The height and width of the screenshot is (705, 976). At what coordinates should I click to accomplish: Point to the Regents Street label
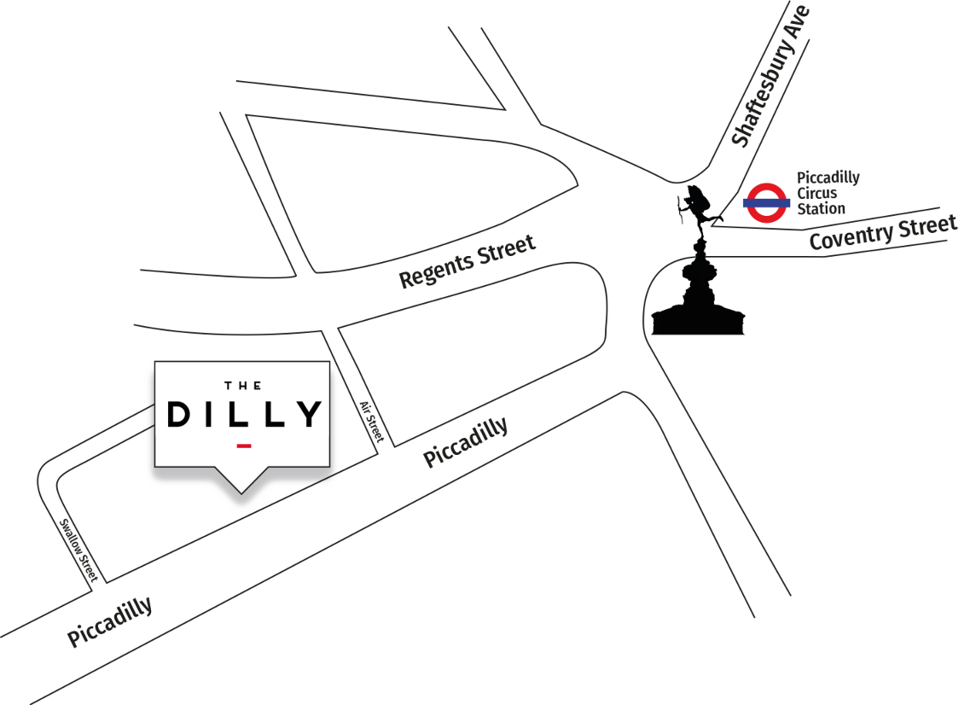(x=468, y=261)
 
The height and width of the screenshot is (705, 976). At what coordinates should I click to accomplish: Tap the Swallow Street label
(x=78, y=548)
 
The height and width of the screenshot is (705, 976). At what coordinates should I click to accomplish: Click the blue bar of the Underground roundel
(x=766, y=203)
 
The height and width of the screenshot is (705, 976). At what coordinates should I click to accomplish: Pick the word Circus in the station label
(x=816, y=193)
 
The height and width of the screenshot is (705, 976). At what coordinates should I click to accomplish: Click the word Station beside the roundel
(x=821, y=208)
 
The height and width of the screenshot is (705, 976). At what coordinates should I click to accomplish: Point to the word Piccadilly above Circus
(x=828, y=178)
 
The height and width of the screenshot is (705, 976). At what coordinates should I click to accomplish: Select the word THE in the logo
(x=241, y=384)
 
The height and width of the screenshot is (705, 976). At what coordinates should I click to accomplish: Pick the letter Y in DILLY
(x=309, y=414)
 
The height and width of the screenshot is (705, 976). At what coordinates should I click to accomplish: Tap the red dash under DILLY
(x=243, y=446)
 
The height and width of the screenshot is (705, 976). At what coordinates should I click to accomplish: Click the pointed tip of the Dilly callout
(x=241, y=491)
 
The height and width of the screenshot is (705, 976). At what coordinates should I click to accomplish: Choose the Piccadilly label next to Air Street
(x=466, y=441)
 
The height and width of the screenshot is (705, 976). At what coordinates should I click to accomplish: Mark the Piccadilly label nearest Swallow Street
(x=110, y=621)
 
